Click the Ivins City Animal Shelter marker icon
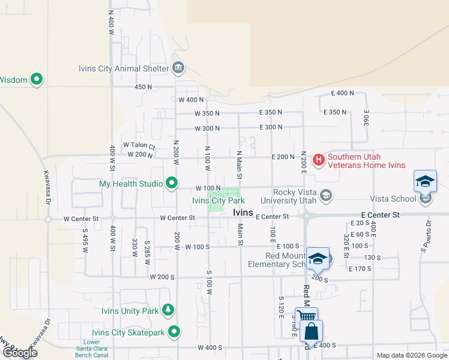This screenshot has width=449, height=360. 178,68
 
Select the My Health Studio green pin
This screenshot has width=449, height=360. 172,183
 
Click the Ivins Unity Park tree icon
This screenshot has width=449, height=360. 169,310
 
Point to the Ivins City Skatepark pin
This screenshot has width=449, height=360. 175,332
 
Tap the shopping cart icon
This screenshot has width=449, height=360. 306,317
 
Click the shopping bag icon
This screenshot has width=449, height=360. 312,331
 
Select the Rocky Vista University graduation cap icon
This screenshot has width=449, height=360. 326,194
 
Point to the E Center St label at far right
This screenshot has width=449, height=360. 380,214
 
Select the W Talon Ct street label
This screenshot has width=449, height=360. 139,145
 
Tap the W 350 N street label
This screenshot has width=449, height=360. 207,113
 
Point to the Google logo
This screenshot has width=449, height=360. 20,353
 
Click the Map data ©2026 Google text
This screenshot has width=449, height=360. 411,355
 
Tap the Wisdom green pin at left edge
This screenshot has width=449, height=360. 36,79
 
